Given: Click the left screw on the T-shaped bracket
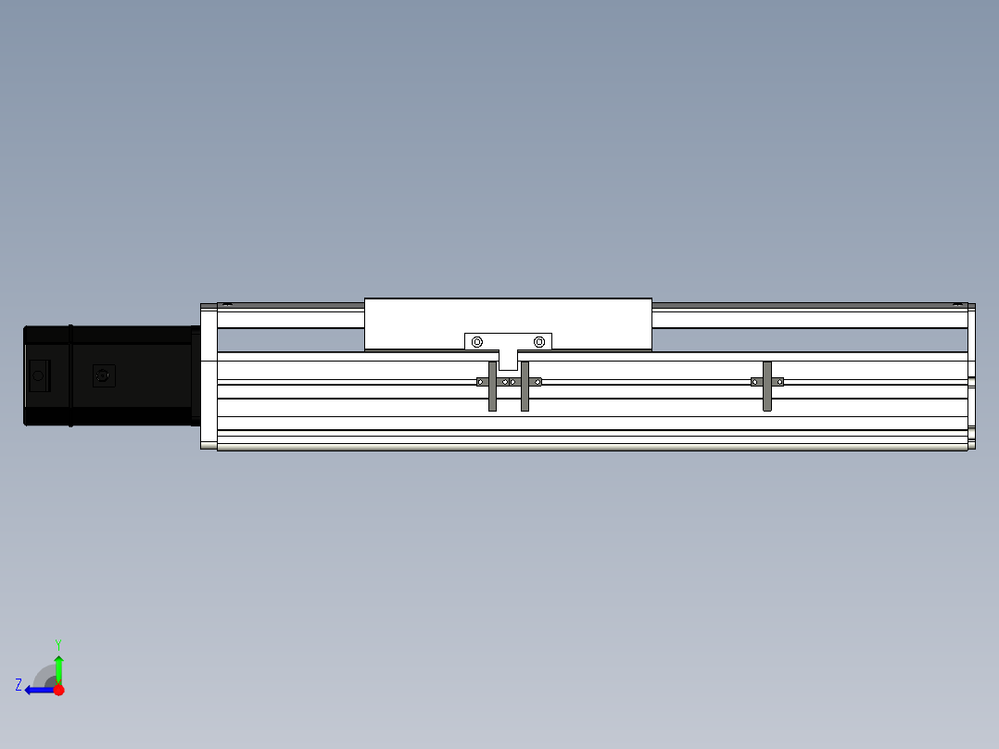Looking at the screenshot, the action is [x=477, y=342].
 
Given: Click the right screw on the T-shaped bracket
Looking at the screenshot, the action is [x=539, y=342].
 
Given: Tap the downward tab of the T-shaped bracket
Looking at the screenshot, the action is [x=508, y=361].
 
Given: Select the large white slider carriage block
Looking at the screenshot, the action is [x=508, y=324].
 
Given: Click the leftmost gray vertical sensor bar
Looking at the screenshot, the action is [x=492, y=387].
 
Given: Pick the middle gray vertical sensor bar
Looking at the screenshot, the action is [x=525, y=387].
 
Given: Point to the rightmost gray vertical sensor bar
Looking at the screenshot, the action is [x=767, y=387].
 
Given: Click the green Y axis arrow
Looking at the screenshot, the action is [x=58, y=669].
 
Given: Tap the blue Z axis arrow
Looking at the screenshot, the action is [x=40, y=691].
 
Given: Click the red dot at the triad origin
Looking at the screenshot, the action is [x=58, y=690].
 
